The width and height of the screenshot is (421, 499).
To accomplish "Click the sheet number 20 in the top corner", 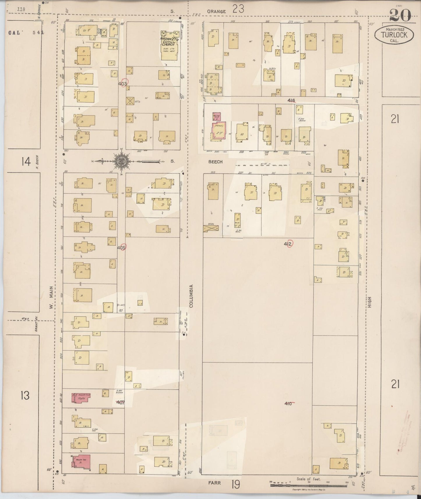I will (400, 15).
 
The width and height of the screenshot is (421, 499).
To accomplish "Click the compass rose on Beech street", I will (121, 160).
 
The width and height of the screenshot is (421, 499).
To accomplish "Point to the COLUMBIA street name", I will (191, 296).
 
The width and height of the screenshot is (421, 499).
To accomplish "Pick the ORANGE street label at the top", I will (216, 11).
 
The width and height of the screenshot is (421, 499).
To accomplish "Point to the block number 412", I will (288, 244).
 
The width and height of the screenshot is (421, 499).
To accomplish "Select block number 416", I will (291, 100).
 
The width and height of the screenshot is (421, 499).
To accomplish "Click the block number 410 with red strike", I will (288, 404).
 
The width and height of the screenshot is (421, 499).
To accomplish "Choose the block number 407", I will (120, 403).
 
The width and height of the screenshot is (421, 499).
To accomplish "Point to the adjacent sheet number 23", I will (238, 9).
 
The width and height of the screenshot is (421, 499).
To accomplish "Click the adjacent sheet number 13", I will (25, 396).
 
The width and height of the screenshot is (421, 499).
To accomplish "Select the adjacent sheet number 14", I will (26, 162).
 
